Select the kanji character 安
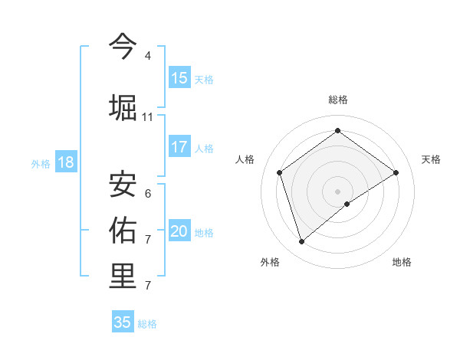point(123,182)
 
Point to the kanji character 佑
point(123,229)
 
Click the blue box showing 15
point(179,78)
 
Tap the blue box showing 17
point(179,147)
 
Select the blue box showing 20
point(179,231)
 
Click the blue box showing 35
point(123,322)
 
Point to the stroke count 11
point(147,117)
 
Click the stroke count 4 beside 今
point(147,56)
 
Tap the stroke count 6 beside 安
point(147,193)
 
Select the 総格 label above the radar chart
point(337,100)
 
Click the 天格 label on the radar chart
point(431,159)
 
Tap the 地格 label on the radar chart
point(402,262)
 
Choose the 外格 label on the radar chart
point(270,262)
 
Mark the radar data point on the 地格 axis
point(347,204)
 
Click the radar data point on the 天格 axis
point(396,172)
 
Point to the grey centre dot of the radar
point(337,190)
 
